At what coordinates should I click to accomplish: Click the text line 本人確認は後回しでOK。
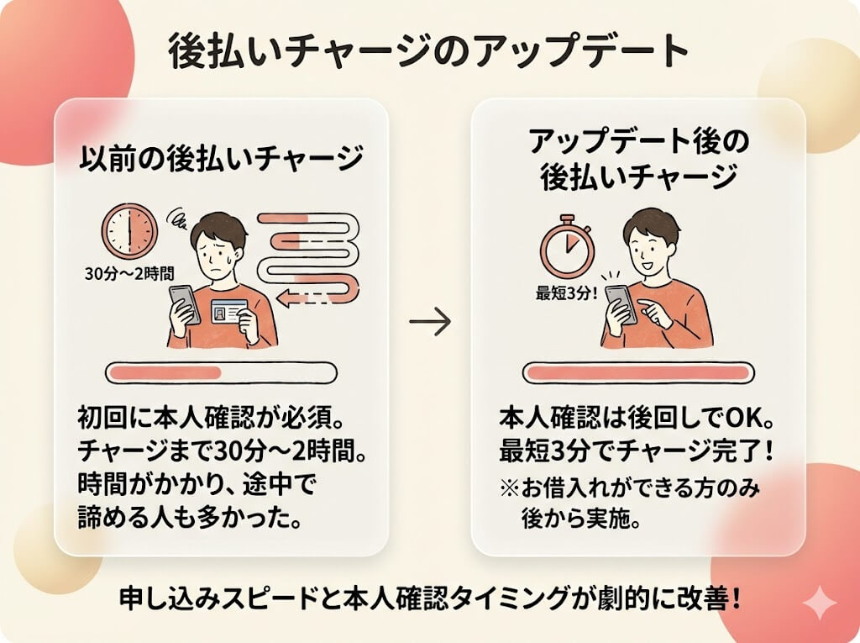[635, 418]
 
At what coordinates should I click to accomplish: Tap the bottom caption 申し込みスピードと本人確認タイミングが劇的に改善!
[429, 599]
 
